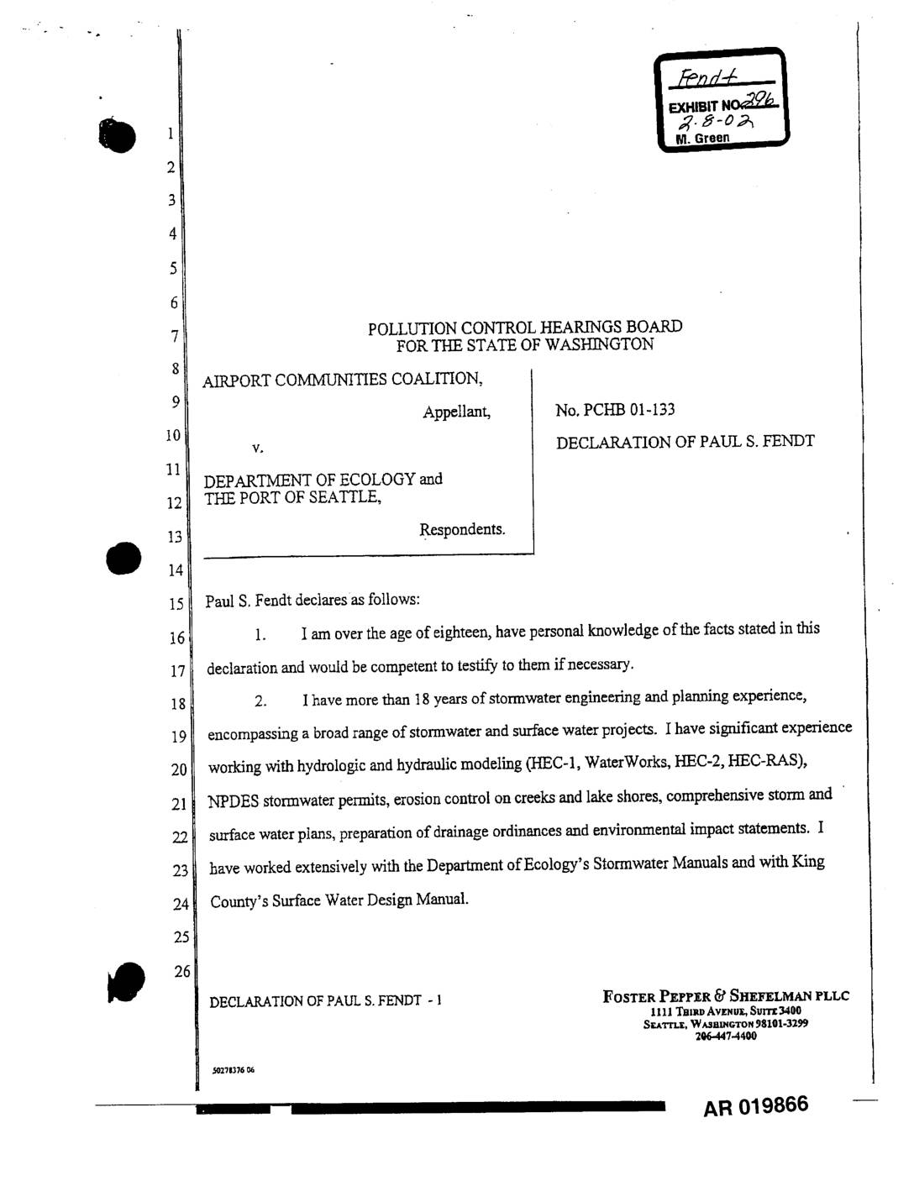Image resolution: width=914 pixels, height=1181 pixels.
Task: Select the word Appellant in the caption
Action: pyautogui.click(x=456, y=412)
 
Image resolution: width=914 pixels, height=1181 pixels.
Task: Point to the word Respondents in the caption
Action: pyautogui.click(x=462, y=529)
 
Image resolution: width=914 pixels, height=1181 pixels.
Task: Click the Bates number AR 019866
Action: pyautogui.click(x=756, y=1105)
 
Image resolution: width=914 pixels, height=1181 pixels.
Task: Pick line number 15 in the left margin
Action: pyautogui.click(x=176, y=603)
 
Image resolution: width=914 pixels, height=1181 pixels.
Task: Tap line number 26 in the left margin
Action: pyautogui.click(x=181, y=972)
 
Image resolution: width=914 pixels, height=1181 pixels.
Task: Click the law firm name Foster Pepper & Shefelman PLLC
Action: pyautogui.click(x=726, y=996)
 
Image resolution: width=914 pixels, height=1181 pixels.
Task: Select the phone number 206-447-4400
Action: pyautogui.click(x=726, y=1036)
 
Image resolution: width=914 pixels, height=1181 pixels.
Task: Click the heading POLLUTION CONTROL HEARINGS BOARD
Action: pyautogui.click(x=525, y=327)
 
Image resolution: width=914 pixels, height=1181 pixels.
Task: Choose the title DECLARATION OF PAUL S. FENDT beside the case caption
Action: pyautogui.click(x=685, y=442)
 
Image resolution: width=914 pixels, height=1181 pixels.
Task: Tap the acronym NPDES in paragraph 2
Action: pyautogui.click(x=234, y=800)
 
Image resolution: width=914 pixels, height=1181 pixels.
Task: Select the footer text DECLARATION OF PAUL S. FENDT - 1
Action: pyautogui.click(x=325, y=1001)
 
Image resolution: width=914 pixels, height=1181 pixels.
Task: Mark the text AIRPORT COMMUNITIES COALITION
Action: pyautogui.click(x=343, y=380)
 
